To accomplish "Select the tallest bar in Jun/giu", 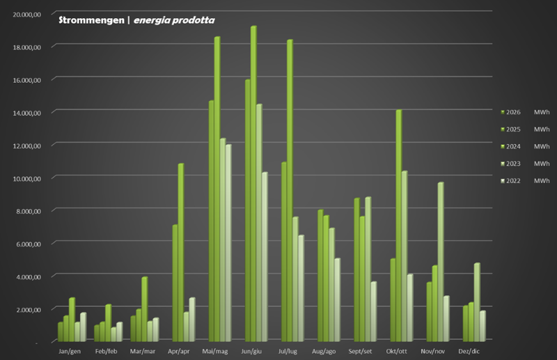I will pyautogui.click(x=253, y=184).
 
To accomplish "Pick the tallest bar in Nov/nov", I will pyautogui.click(x=440, y=262).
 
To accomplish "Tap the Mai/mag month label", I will pyautogui.click(x=215, y=351).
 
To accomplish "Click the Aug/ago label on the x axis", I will pyautogui.click(x=324, y=351).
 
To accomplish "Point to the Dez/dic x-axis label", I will pyautogui.click(x=470, y=351).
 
